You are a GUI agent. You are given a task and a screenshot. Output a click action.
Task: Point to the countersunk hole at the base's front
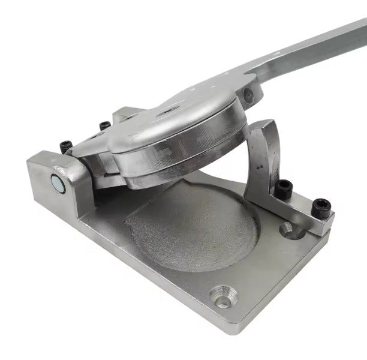(x=223, y=296)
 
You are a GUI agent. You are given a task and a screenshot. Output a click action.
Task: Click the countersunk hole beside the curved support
(x=287, y=229)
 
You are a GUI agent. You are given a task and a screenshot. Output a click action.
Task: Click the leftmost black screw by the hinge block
(x=66, y=146)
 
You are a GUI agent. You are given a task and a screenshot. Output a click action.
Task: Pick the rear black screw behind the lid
(x=105, y=125)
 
